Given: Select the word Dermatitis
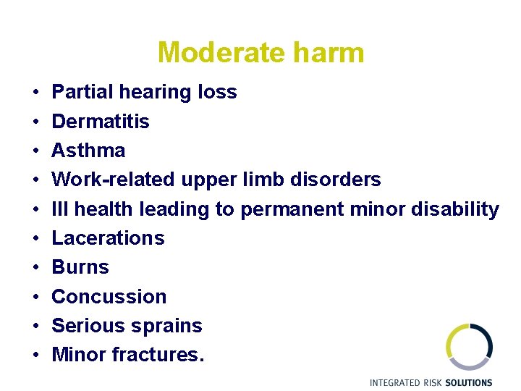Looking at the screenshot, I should point(101,121).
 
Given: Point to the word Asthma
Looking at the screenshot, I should point(88,151).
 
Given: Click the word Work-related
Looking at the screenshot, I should point(109,180).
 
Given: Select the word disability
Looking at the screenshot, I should point(455,209).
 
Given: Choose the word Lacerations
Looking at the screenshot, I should point(108,238).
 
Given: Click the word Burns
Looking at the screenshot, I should point(80,267).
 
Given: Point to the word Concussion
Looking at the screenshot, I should point(109,297).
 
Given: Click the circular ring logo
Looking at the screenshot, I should point(468,347).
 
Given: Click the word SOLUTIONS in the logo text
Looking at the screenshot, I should point(467,382).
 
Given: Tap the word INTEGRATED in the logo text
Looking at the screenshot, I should point(394,382).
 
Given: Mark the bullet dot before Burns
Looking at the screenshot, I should point(35,268).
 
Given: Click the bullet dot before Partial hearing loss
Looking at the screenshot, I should point(35,93).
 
